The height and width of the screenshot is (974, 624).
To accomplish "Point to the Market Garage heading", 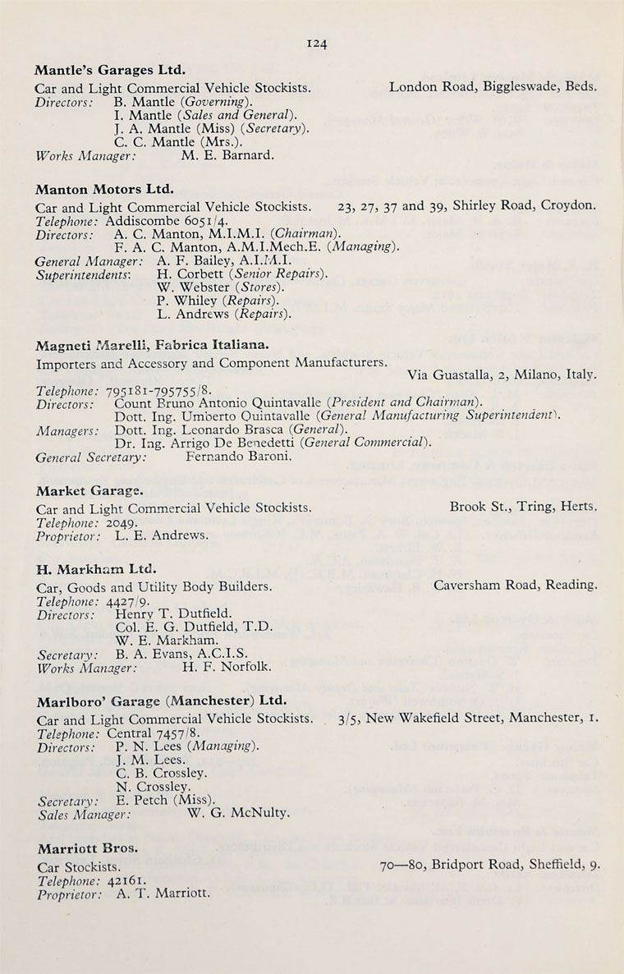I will pos(89,491).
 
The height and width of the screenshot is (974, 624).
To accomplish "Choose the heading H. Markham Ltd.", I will pos(96,568).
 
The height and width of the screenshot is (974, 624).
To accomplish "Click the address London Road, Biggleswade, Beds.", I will pos(493,86).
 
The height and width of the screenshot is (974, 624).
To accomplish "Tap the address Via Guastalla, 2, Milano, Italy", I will pos(502,375).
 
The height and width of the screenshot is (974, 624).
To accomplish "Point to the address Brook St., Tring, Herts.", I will pos(523,507).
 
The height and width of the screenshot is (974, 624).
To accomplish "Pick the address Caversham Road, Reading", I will pos(516,585).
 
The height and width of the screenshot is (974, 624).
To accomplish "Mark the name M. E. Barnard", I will pos(227,154).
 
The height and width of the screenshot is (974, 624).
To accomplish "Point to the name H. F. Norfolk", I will pos(227,668).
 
